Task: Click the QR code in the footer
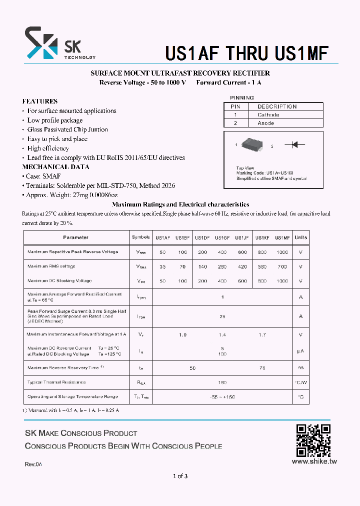313,440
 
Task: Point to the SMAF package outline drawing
253,145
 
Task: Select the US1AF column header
162,237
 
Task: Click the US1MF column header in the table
282,237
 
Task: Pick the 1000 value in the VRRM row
282,252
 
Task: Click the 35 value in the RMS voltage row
162,267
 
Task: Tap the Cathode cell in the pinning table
268,115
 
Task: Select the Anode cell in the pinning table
265,123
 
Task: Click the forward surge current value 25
222,316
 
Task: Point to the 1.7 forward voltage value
262,334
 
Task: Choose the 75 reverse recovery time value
262,367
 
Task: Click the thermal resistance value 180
222,382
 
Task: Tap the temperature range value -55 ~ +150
222,397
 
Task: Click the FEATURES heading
40,101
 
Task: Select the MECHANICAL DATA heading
56,167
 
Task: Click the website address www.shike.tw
314,461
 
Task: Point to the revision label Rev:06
33,464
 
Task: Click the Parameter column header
76,237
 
